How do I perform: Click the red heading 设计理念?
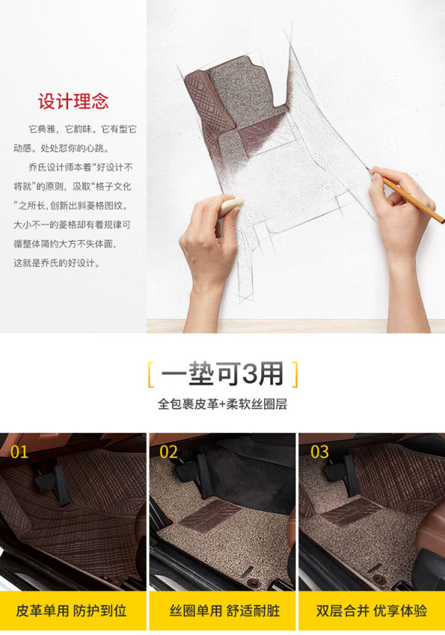(73, 102)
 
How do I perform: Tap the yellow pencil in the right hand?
(406, 196)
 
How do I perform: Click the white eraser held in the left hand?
(231, 207)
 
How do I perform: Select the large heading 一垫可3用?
(222, 373)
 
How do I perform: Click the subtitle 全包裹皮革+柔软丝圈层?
(222, 404)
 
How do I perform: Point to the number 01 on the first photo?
(19, 452)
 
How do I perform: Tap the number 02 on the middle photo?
(168, 452)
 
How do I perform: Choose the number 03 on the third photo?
(320, 452)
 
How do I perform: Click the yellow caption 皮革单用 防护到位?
(71, 611)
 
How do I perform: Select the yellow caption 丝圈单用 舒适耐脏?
(225, 611)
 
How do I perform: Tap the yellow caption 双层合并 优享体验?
(372, 611)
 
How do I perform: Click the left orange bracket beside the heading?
(151, 375)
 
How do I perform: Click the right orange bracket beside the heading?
(294, 375)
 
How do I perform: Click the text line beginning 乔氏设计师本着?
(80, 167)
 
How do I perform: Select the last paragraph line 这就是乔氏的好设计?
(57, 263)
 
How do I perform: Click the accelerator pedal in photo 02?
(205, 476)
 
